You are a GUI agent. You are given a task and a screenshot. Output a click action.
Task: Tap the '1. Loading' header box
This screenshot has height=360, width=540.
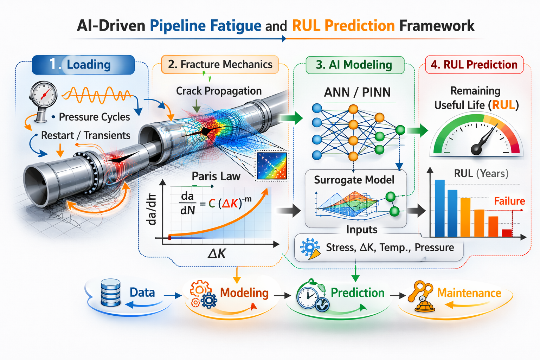coord(83,65)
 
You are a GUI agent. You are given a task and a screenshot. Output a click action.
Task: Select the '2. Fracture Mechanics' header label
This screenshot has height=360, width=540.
coord(220,65)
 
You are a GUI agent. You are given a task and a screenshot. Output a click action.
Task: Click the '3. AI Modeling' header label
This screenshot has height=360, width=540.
coord(354,65)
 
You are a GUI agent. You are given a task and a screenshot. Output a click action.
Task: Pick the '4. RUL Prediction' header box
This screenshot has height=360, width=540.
coord(474,65)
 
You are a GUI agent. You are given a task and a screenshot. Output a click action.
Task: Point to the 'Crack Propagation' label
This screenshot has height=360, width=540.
coord(219,91)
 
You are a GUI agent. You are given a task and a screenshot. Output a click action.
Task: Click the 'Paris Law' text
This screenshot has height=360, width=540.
coord(216,176)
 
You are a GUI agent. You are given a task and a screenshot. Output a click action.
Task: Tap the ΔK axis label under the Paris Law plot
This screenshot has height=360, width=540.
coord(217,253)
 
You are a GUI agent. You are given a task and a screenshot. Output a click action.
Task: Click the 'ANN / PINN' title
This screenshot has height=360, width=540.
coord(357,92)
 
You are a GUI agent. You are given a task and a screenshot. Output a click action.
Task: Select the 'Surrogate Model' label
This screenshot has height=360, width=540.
coord(354,180)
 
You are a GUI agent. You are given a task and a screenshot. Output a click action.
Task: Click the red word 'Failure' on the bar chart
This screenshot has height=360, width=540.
coord(509,201)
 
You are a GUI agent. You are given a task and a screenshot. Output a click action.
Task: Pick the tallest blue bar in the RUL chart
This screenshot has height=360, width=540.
coord(439,208)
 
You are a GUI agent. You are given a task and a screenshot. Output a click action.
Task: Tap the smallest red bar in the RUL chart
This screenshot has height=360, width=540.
coord(507,233)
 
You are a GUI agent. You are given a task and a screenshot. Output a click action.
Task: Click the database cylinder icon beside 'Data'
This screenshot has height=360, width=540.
coord(110,292)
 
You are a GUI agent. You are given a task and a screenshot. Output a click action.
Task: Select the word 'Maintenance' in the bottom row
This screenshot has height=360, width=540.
coord(469,293)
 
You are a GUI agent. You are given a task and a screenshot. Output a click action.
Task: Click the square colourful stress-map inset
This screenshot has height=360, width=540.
coord(272,166)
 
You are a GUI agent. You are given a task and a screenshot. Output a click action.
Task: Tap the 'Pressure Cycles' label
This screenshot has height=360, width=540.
coord(94,117)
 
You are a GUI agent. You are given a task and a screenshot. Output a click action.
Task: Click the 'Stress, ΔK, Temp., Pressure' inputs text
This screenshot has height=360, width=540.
coord(390,247)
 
